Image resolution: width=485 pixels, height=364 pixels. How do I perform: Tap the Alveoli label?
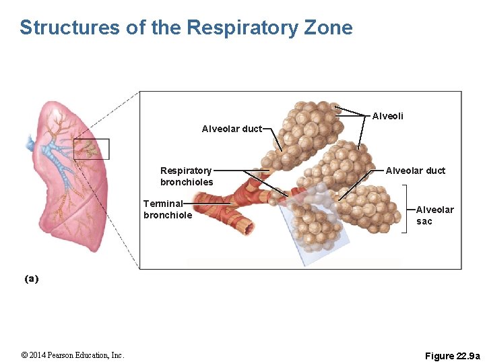388,116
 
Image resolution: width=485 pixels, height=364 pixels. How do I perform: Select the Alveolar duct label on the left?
232,129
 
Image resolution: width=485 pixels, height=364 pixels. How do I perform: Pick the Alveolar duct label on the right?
415,171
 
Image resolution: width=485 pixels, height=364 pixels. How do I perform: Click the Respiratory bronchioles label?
186,177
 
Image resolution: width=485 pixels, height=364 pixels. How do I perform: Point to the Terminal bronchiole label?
167,209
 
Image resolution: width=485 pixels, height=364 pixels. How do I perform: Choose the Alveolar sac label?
434,215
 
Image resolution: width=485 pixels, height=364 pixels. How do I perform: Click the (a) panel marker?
32,278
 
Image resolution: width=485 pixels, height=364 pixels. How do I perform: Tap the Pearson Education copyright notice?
73,355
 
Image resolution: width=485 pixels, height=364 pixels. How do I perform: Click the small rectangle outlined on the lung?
91,149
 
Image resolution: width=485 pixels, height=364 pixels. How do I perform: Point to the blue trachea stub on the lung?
30,143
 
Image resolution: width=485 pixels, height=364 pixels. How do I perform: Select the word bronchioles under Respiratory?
187,182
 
